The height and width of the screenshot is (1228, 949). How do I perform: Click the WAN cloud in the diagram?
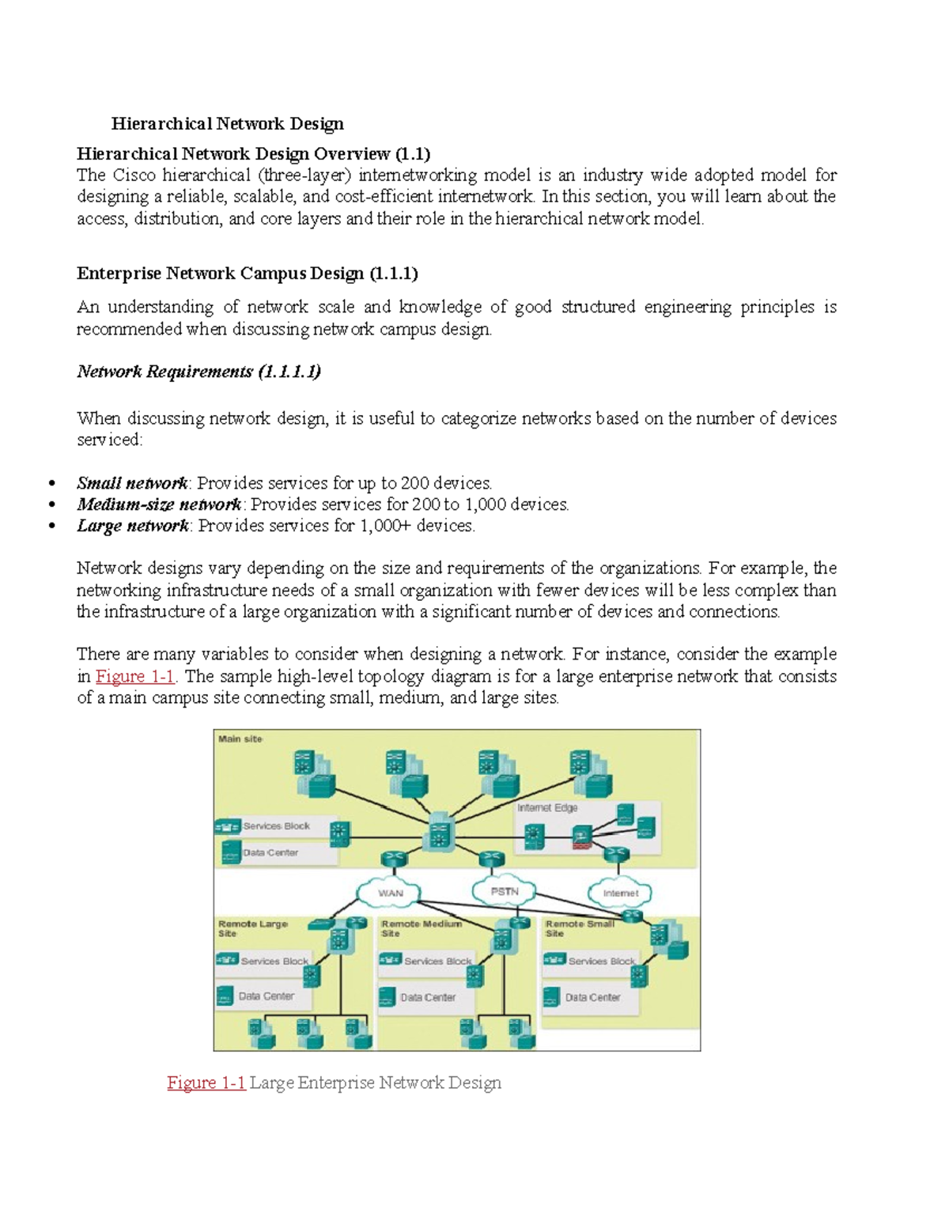point(390,893)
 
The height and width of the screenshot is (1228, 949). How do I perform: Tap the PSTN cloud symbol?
point(505,891)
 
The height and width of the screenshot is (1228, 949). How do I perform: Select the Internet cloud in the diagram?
point(620,893)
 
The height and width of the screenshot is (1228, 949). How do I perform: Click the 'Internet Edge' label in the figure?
point(547,808)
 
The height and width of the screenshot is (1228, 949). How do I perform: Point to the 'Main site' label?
point(240,739)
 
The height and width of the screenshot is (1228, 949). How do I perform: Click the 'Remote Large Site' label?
point(252,928)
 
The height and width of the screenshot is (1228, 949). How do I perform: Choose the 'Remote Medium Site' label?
point(421,928)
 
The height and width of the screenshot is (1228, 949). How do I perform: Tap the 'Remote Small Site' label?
point(579,928)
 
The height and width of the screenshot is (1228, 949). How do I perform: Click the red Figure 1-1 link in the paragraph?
point(135,676)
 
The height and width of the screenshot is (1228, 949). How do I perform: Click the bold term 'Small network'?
point(132,483)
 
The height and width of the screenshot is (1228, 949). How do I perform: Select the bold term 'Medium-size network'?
point(159,504)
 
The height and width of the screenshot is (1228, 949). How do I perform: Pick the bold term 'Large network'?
point(133,526)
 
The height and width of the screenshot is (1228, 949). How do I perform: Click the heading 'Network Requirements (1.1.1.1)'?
point(198,372)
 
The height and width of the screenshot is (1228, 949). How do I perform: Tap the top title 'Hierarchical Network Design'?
point(228,123)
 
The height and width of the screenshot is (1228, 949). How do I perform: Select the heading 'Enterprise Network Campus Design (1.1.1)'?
point(247,274)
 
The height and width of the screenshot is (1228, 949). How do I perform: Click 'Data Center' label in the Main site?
point(270,852)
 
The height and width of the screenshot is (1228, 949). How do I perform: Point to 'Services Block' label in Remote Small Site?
point(602,961)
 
